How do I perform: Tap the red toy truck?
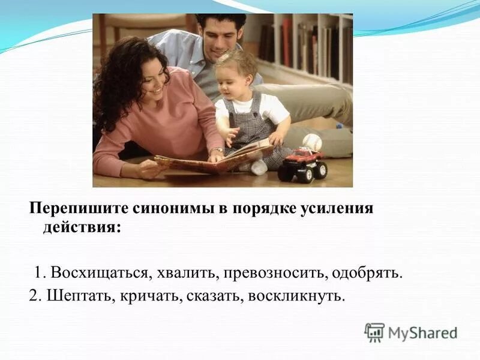(302, 163)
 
